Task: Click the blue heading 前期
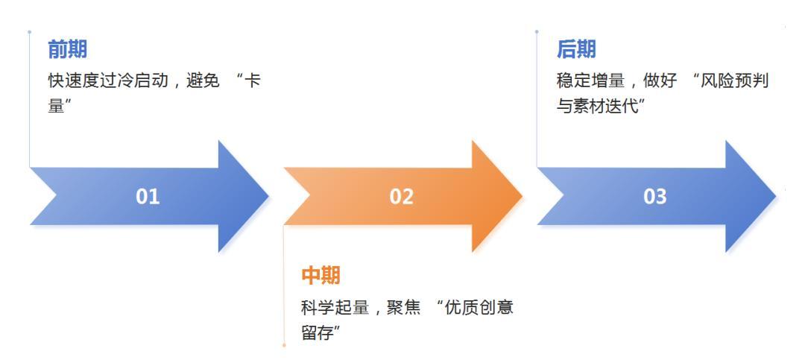click(x=67, y=50)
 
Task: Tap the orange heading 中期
click(x=321, y=276)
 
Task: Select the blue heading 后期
click(x=575, y=50)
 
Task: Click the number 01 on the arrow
click(x=148, y=197)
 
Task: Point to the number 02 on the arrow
click(x=401, y=197)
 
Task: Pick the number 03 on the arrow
click(x=655, y=197)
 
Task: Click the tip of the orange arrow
click(x=520, y=196)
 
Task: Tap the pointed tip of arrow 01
click(x=267, y=196)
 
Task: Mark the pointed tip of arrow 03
click(x=774, y=196)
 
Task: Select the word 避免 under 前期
click(x=203, y=80)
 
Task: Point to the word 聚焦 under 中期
click(x=403, y=308)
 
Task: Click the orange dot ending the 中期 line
click(x=284, y=345)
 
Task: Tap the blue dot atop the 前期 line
click(x=29, y=31)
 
